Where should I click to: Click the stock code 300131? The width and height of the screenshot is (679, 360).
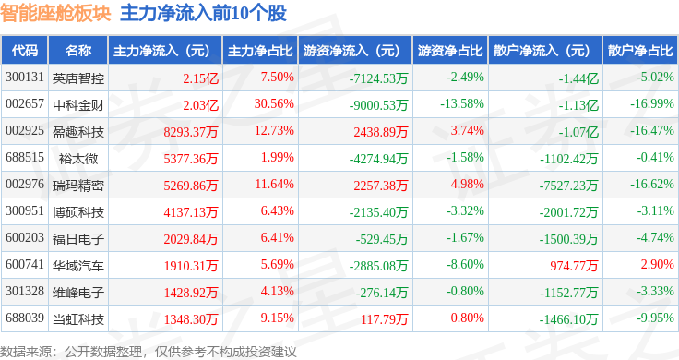coord(25,78)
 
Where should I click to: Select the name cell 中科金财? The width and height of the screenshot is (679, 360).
coord(78,105)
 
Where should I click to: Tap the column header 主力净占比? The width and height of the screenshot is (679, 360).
coord(260,51)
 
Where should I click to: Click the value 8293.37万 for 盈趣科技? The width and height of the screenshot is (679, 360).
coord(191,132)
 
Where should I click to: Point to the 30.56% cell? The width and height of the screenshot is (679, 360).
coord(274,104)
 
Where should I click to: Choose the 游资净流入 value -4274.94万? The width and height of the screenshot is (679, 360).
coord(378,159)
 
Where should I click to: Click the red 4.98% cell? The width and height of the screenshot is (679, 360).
coord(467,184)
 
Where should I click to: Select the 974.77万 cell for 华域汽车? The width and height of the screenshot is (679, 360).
coord(574,266)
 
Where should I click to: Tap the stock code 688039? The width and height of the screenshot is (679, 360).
coord(25,318)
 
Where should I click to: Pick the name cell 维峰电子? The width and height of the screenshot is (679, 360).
coord(78,293)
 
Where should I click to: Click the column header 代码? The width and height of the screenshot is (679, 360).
coord(25,51)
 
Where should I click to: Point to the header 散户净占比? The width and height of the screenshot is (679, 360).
coord(640,51)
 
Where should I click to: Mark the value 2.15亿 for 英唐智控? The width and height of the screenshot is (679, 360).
coord(200,78)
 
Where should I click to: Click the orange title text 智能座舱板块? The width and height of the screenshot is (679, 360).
coord(55,13)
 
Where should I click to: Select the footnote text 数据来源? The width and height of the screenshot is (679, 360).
coord(26,352)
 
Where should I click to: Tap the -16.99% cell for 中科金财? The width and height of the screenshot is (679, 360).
coord(651,104)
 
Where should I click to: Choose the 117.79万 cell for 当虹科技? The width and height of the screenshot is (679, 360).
coord(384,319)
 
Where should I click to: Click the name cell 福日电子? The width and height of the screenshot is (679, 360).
coord(78,239)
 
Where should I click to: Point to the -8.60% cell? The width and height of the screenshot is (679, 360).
coord(466,264)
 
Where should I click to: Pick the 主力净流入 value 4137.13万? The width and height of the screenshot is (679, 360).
coord(191,212)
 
